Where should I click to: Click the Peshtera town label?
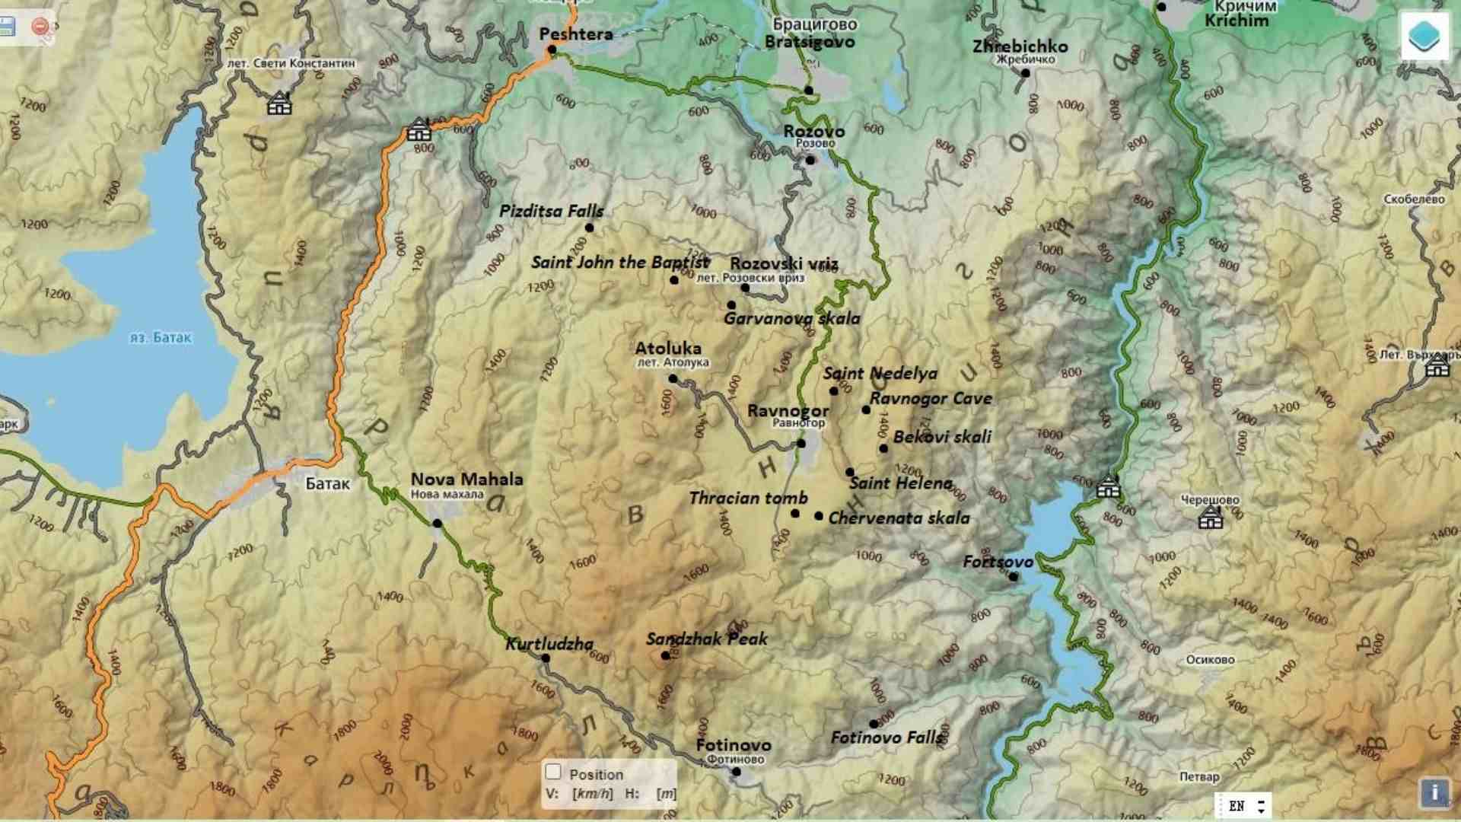[x=575, y=33]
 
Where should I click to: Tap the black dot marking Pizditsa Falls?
[x=589, y=228]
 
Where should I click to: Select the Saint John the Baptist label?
[x=619, y=263]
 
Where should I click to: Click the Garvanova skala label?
[x=791, y=318]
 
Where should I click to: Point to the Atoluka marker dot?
[x=673, y=378]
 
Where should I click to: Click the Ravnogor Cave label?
[x=931, y=398]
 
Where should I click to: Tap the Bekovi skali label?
[x=942, y=437]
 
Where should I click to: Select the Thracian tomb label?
[x=748, y=498]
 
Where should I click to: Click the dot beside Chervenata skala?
[x=819, y=516]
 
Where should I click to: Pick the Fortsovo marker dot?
[x=1013, y=577]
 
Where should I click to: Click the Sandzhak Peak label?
[x=707, y=639]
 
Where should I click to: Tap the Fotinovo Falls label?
[x=887, y=737]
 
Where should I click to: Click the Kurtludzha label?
[x=549, y=644]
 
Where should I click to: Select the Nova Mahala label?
[x=466, y=479]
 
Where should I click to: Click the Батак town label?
[x=327, y=483]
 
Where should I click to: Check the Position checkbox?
[x=553, y=772]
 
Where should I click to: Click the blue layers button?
[x=1424, y=36]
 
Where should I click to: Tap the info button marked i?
[x=1434, y=792]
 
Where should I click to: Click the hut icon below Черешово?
[x=1210, y=519]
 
